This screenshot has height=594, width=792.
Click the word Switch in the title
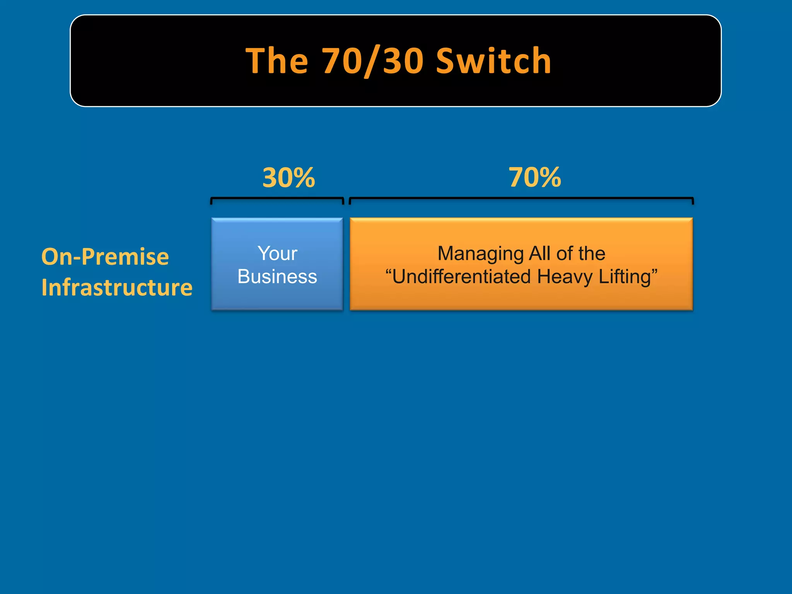493,61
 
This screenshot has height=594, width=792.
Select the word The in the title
277,61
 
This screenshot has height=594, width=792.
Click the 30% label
288,178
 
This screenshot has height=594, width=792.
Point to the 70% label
534,177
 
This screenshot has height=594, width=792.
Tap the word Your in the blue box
277,254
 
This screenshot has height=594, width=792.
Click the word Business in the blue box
277,277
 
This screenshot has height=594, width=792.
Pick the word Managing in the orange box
480,254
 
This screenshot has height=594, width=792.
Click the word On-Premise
105,256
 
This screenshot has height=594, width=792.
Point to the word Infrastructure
117,287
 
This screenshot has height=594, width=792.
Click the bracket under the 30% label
277,199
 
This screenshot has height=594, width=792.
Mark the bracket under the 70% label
521,199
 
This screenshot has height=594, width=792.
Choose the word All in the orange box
539,254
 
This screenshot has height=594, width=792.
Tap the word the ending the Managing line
592,254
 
